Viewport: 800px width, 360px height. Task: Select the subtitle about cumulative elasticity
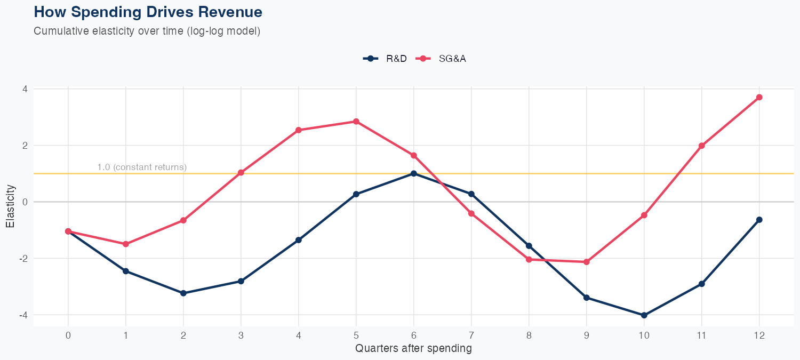tap(147, 31)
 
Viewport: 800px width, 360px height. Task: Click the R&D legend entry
tap(385, 59)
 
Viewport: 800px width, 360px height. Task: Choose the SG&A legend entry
tap(443, 59)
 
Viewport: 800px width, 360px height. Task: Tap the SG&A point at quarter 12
tap(759, 97)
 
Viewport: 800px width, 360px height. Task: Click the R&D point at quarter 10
tap(644, 315)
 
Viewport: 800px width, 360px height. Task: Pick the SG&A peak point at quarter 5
tap(356, 122)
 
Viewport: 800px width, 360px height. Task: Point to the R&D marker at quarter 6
tap(414, 173)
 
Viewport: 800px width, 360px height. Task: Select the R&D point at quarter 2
tap(183, 293)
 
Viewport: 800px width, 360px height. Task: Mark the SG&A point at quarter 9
tap(587, 262)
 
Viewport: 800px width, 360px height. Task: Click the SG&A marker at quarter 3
tap(241, 173)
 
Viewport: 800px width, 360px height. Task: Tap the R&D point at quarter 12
tap(759, 220)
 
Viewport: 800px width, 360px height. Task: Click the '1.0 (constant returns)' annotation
tap(142, 167)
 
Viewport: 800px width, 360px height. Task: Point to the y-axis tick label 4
tap(25, 89)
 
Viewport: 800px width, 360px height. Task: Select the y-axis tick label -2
tap(22, 259)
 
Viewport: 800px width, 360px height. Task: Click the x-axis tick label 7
tap(471, 335)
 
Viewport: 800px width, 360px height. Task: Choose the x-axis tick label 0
tap(68, 335)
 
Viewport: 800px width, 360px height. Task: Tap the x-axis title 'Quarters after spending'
tap(413, 349)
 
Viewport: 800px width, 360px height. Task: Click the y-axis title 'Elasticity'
tap(10, 206)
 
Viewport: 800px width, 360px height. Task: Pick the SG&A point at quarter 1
tap(126, 244)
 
